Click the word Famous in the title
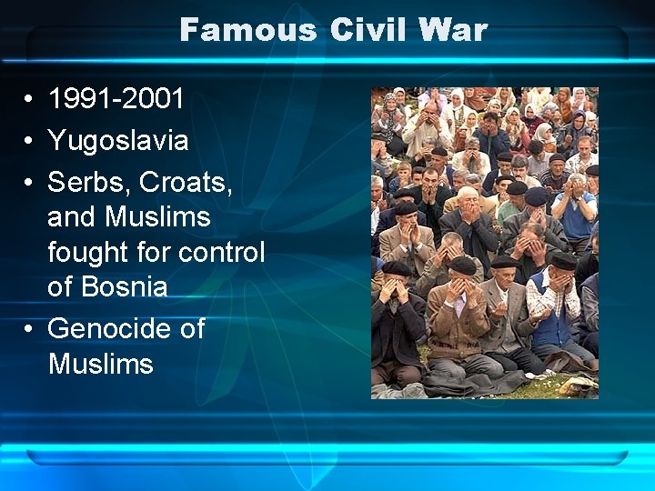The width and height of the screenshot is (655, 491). [247, 30]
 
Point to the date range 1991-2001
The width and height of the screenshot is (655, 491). [116, 98]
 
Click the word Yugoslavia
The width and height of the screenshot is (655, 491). [118, 141]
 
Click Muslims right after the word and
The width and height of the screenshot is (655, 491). [157, 217]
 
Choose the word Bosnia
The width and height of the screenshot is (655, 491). [123, 287]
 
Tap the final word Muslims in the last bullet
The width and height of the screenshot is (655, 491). [100, 364]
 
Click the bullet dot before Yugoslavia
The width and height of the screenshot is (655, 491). [30, 142]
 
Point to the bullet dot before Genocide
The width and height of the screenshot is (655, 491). [30, 328]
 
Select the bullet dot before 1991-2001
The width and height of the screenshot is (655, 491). [30, 99]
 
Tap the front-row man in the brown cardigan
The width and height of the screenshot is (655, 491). [459, 318]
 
